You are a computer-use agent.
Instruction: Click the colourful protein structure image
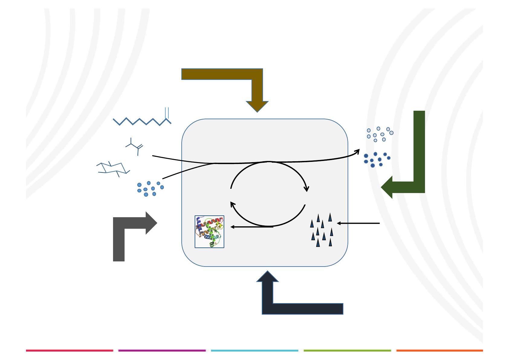click(x=209, y=232)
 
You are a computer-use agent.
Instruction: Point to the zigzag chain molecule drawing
click(x=142, y=119)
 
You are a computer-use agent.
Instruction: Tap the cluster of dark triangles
click(x=322, y=230)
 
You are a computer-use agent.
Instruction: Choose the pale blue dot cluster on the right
click(x=379, y=134)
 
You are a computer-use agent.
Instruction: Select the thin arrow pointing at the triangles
click(x=358, y=223)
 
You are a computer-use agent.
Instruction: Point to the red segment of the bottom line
click(x=70, y=351)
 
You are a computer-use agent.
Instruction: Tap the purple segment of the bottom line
click(x=162, y=351)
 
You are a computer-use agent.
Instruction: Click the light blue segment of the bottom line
click(x=254, y=351)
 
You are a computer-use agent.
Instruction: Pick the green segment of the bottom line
click(x=347, y=351)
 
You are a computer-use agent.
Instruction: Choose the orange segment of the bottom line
click(x=439, y=351)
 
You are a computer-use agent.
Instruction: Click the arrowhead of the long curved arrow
click(x=358, y=150)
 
